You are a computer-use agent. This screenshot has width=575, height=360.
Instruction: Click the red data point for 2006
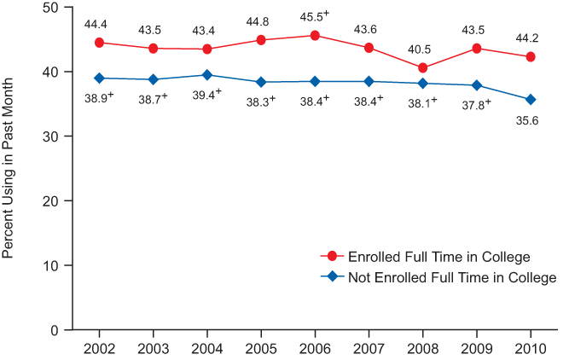click(315, 36)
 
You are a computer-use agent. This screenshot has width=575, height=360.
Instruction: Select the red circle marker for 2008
click(423, 67)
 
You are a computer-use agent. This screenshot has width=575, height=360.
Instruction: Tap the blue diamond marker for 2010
click(531, 100)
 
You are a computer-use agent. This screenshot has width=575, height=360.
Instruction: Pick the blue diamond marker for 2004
click(207, 75)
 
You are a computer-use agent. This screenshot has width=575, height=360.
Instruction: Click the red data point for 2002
click(100, 43)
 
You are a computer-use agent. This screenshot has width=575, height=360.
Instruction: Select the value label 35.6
click(531, 121)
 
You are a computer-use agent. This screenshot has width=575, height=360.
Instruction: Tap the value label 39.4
click(207, 95)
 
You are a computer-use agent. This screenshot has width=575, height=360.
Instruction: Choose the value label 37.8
click(476, 105)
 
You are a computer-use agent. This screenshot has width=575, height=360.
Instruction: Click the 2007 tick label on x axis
click(369, 348)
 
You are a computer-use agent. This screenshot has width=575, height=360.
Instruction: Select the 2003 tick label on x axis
click(154, 348)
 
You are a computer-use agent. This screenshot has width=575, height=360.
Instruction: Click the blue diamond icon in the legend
click(333, 277)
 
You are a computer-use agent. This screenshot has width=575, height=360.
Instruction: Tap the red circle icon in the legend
click(333, 257)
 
